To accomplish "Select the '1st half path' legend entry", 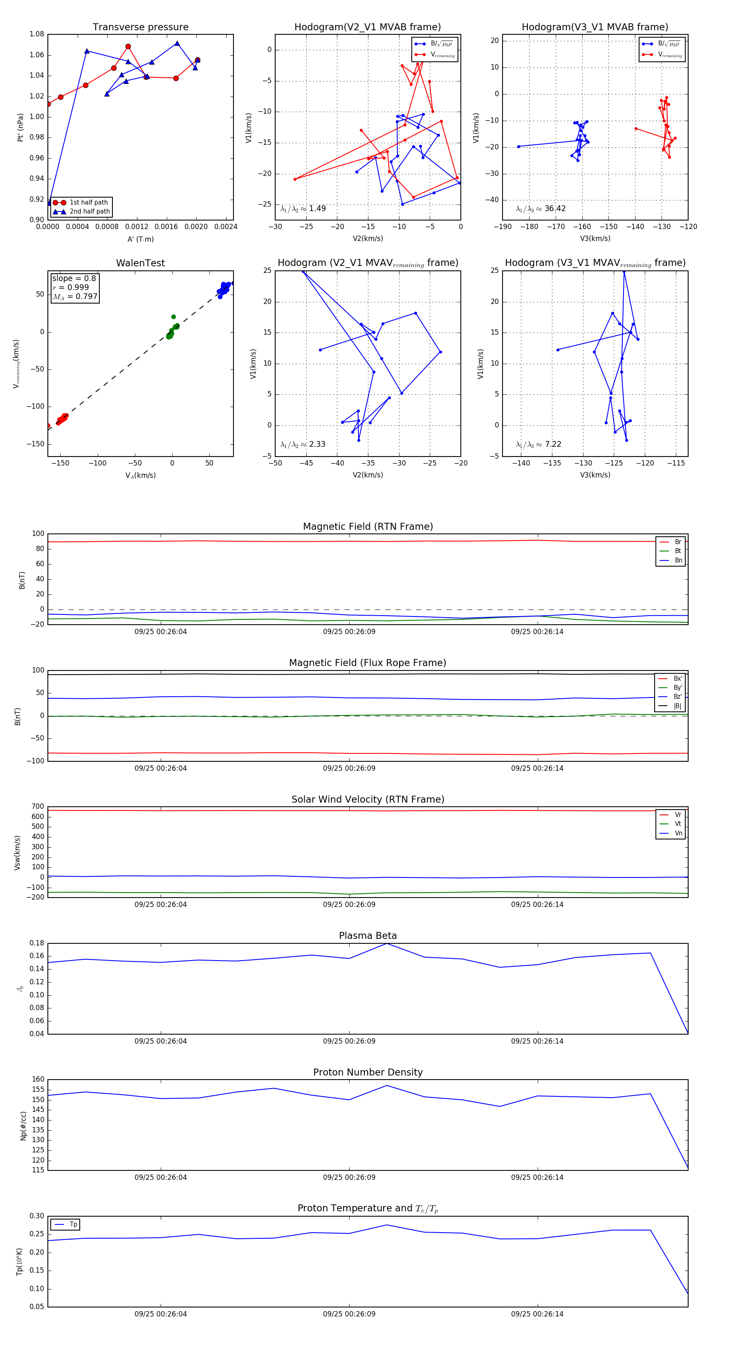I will (x=89, y=202).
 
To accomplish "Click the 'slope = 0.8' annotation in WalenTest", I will (x=74, y=278).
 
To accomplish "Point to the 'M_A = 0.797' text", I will (x=75, y=297).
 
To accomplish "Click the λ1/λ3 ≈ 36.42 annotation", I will (x=541, y=209).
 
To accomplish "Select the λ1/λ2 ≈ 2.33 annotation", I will (x=303, y=444).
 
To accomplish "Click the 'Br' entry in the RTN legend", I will (x=678, y=542).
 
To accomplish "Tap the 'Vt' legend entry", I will (x=678, y=824).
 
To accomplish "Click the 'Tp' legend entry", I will (x=73, y=1224).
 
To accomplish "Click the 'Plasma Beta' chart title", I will (x=368, y=936).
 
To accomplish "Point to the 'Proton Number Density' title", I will (x=368, y=1072).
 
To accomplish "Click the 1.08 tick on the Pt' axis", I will (x=37, y=34).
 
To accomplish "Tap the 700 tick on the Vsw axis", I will (x=38, y=807).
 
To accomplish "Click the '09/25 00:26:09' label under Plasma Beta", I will (x=349, y=1041).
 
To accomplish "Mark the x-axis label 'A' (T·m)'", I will (x=140, y=239).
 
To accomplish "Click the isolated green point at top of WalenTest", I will (x=173, y=317).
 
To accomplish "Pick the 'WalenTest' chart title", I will (x=140, y=263).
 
